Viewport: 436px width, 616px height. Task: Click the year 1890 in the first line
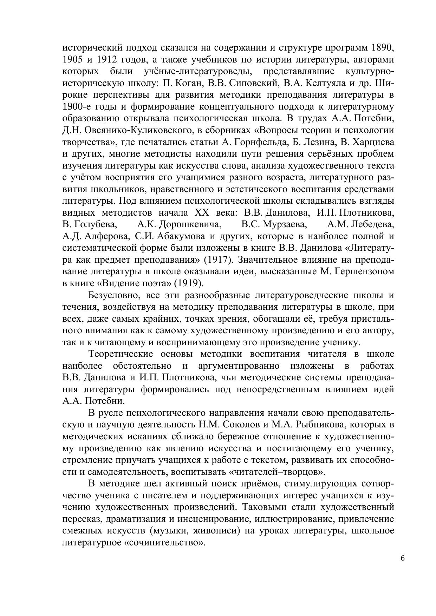coord(382,48)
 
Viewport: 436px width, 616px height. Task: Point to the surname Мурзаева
coord(285,224)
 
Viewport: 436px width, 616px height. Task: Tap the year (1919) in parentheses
coord(189,283)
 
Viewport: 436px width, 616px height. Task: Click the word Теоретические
coord(119,354)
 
